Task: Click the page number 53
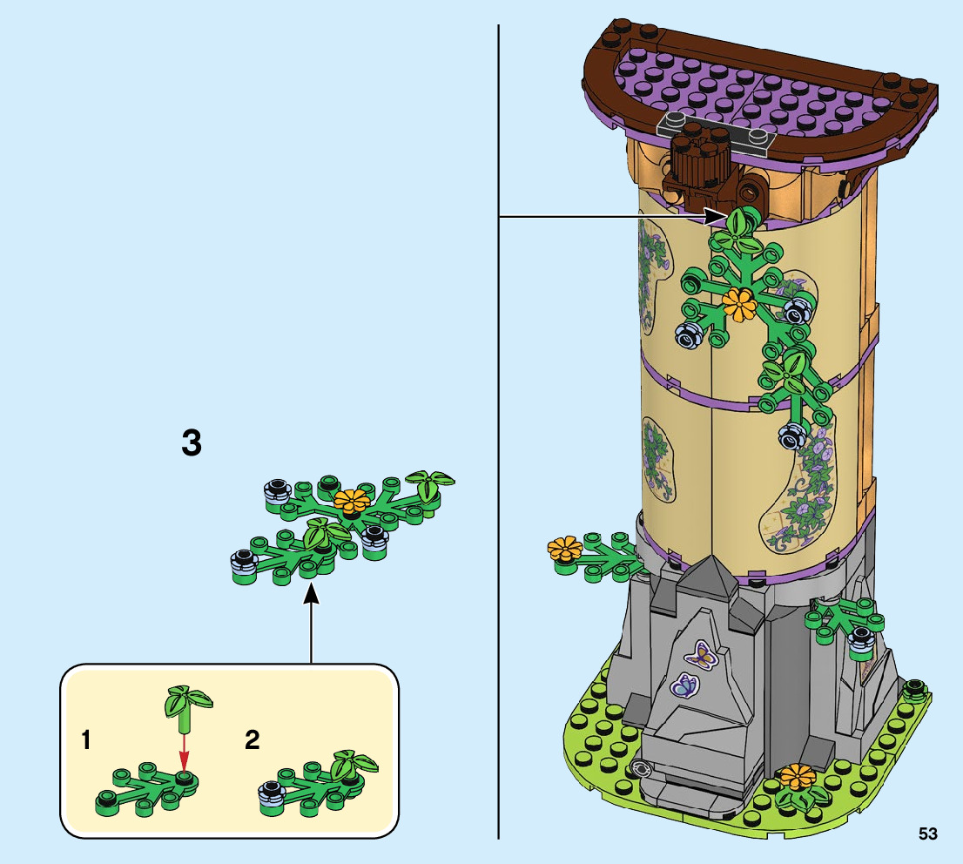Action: [927, 834]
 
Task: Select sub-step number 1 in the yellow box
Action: [85, 741]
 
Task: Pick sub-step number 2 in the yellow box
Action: [253, 741]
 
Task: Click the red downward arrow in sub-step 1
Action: [184, 749]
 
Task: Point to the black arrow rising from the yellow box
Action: [311, 627]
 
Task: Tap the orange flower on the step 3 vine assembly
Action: [352, 500]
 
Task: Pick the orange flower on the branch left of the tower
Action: [564, 550]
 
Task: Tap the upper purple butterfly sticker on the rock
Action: [701, 655]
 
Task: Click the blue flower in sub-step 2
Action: [269, 791]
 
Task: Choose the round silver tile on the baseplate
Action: [643, 768]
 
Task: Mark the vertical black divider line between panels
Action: [498, 435]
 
